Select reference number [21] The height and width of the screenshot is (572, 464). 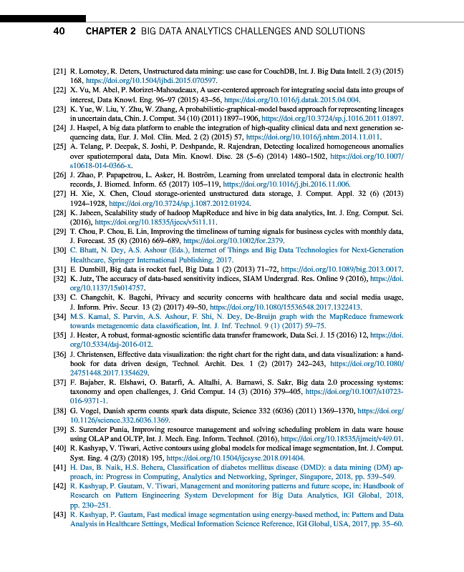tap(61, 73)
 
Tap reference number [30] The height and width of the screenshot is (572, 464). tap(61, 251)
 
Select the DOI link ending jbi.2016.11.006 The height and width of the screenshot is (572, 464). tap(314, 203)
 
